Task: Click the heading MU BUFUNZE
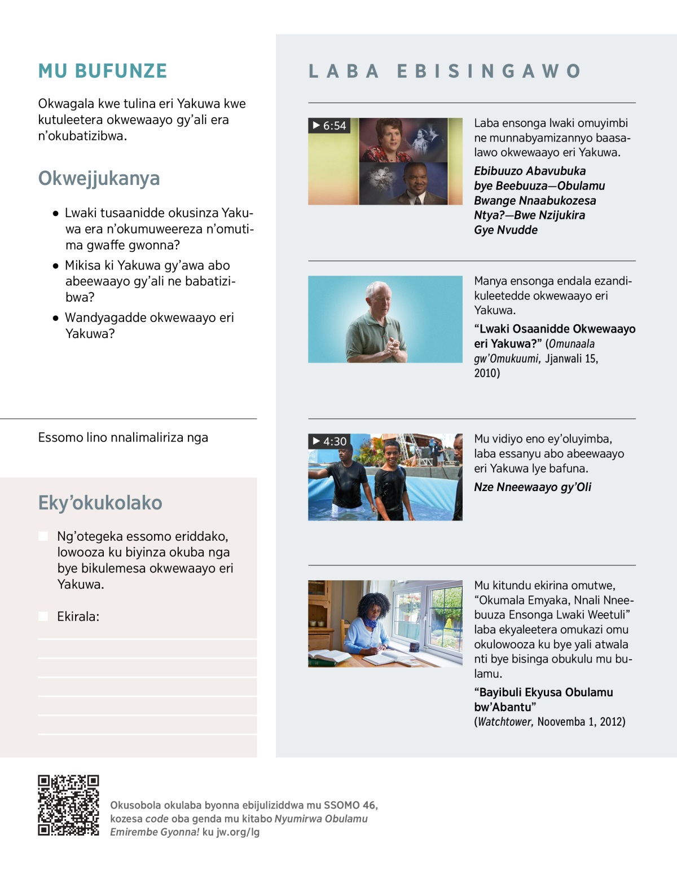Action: [103, 71]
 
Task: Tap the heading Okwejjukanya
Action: [99, 178]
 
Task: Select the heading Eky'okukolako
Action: [100, 502]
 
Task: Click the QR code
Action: [68, 805]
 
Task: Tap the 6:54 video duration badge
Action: [329, 125]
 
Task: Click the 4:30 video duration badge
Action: [329, 441]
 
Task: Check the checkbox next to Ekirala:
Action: [43, 616]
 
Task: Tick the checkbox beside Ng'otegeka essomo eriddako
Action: [43, 536]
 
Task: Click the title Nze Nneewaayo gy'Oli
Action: [533, 487]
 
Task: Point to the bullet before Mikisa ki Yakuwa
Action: [55, 266]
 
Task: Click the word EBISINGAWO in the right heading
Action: [489, 71]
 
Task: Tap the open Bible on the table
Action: [330, 656]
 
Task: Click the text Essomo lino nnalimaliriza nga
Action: [123, 438]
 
